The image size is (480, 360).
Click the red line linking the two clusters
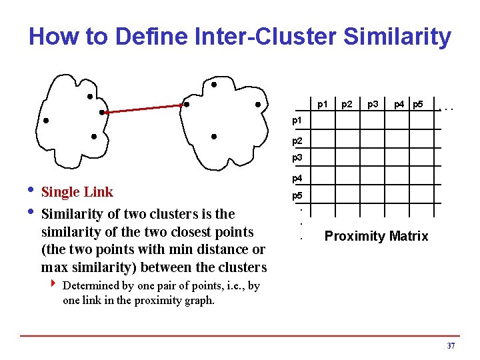(x=143, y=109)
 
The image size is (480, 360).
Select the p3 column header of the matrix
(x=373, y=104)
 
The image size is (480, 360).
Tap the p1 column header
(x=323, y=104)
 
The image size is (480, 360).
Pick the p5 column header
(x=418, y=104)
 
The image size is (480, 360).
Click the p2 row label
(x=297, y=141)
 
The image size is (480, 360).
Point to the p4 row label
(x=297, y=179)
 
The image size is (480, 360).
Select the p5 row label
(x=297, y=197)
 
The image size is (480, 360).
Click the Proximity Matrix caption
(x=376, y=236)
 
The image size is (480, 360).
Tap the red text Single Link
(x=77, y=192)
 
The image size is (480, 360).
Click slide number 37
(x=451, y=346)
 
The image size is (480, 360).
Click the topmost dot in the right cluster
(x=213, y=85)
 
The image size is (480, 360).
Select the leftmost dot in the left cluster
(x=46, y=121)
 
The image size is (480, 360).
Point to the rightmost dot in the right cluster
(x=257, y=104)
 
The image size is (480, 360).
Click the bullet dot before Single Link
(x=31, y=192)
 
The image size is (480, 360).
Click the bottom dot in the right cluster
(x=213, y=137)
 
